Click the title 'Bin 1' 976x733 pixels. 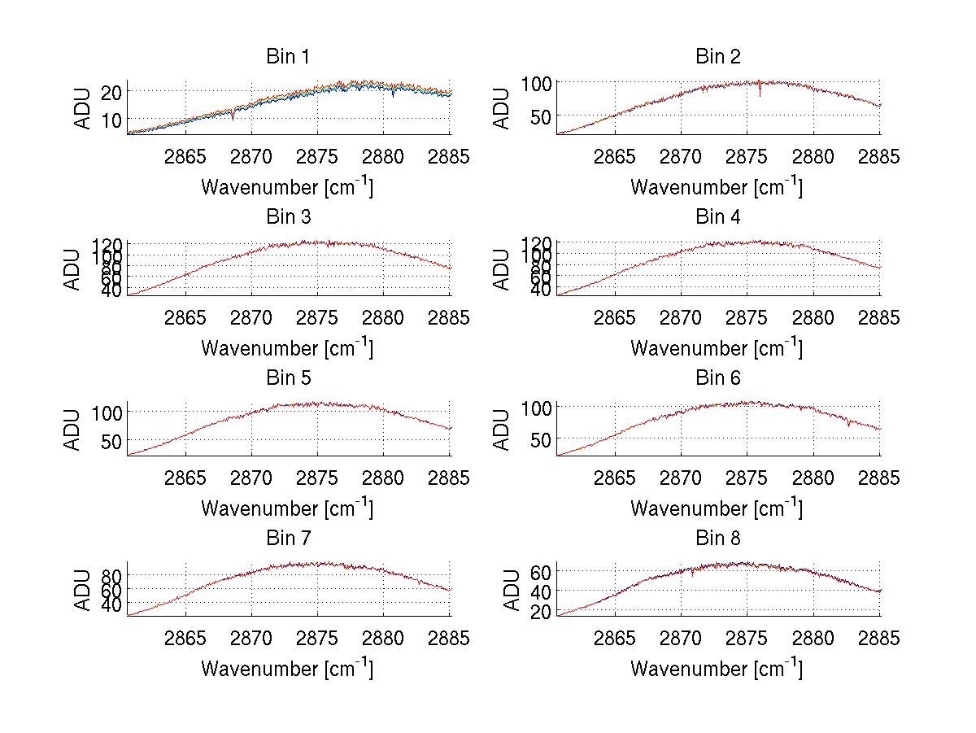287,57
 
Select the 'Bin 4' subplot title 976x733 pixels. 717,217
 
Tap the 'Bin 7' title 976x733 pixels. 287,539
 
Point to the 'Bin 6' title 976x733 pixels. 717,378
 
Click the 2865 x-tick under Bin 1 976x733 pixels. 186,157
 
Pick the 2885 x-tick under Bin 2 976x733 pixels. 879,157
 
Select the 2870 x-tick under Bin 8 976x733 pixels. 681,639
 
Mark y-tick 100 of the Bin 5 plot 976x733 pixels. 106,412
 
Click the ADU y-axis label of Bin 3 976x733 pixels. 73,268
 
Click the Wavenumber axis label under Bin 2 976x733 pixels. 716,187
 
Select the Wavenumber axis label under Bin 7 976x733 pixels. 287,669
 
